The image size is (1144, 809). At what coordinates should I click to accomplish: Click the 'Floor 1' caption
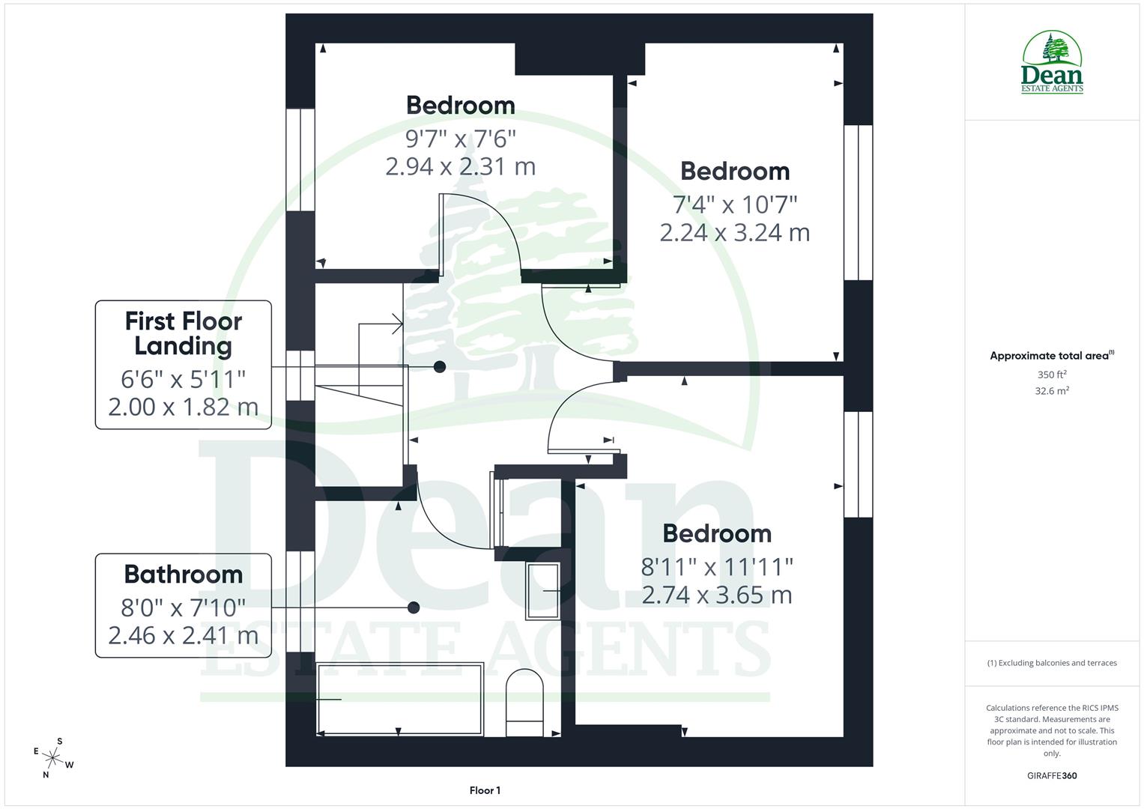tap(485, 790)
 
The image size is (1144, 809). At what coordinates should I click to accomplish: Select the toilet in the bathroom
tap(524, 703)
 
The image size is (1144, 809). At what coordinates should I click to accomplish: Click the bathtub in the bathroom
tap(400, 698)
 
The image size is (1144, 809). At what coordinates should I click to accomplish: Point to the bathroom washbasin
tap(542, 591)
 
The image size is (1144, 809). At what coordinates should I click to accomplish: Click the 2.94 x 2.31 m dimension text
tap(460, 166)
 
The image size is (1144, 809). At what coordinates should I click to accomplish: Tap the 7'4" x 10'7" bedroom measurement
tap(734, 204)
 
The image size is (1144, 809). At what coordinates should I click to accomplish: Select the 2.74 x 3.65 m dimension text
tap(716, 596)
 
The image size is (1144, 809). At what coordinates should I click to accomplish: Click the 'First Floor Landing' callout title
tap(184, 333)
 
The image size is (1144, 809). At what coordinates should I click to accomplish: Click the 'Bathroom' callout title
tap(184, 575)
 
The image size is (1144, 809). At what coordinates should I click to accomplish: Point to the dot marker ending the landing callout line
tap(440, 367)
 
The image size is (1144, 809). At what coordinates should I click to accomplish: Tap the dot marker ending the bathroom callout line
tap(413, 607)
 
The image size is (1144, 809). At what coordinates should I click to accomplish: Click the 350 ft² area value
tap(1052, 375)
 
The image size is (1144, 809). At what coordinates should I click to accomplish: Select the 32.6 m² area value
tap(1052, 391)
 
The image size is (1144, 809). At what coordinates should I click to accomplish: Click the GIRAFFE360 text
tap(1052, 776)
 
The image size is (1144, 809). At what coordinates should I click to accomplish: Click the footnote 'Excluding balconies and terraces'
tap(1052, 663)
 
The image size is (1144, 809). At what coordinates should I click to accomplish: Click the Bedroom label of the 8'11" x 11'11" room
tap(717, 534)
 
